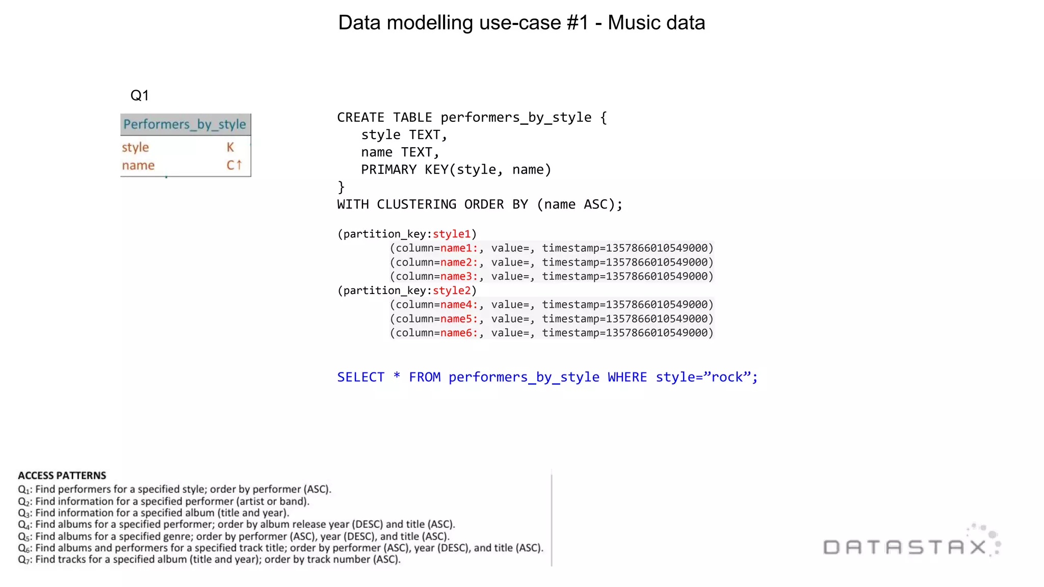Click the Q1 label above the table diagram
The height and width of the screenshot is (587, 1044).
coord(139,95)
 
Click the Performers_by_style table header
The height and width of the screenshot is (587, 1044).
coord(185,124)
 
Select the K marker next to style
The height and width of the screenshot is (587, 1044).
coord(230,147)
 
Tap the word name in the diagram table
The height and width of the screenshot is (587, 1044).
coord(138,166)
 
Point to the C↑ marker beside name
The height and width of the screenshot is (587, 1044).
coord(234,165)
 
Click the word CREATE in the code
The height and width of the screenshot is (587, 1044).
coord(360,118)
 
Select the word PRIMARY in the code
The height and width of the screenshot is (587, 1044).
coord(388,170)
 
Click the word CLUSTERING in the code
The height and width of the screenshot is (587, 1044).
coord(416,204)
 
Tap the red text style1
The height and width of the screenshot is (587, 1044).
coord(451,234)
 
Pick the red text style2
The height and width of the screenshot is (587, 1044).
coord(451,290)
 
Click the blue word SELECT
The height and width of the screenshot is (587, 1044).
coord(360,377)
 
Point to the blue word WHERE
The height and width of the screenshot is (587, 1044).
coord(627,377)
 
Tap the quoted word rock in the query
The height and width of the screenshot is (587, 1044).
coord(727,377)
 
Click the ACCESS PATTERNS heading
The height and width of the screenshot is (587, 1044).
coord(62,475)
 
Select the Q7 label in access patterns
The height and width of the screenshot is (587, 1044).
coord(24,559)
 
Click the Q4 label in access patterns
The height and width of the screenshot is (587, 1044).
coord(24,524)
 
